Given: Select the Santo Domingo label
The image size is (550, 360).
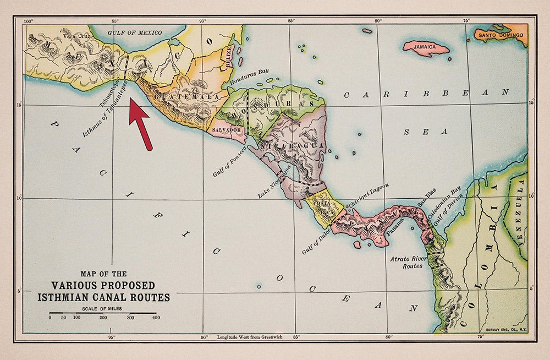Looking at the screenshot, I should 501,35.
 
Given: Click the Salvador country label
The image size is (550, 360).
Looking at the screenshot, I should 227,130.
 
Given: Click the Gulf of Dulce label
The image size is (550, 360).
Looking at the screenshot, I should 317,242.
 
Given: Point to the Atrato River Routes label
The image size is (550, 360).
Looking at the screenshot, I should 407,261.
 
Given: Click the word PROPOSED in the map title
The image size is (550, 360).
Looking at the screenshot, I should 124,286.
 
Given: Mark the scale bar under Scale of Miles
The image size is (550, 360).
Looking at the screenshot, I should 103,313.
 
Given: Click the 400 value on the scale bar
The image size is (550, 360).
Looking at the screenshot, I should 156,318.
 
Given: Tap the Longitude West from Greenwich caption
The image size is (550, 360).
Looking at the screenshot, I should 249,337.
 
